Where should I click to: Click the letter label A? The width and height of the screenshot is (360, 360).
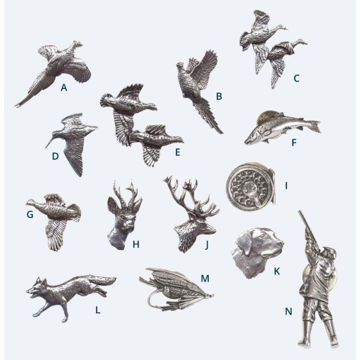pyautogui.click(x=64, y=88)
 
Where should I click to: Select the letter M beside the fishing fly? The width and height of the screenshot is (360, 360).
pyautogui.click(x=205, y=279)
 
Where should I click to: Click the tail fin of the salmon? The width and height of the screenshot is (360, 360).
pyautogui.click(x=313, y=126)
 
